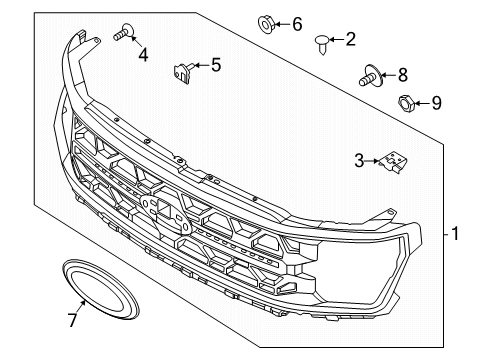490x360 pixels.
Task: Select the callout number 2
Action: click(350, 40)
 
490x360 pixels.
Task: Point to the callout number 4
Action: click(143, 55)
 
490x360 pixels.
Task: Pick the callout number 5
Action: click(215, 66)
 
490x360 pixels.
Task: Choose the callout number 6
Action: click(296, 22)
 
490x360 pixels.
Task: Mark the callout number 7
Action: click(70, 320)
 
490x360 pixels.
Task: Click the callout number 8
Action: click(402, 73)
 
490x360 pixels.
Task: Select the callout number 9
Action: click(435, 102)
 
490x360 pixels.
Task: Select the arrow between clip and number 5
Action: click(200, 66)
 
